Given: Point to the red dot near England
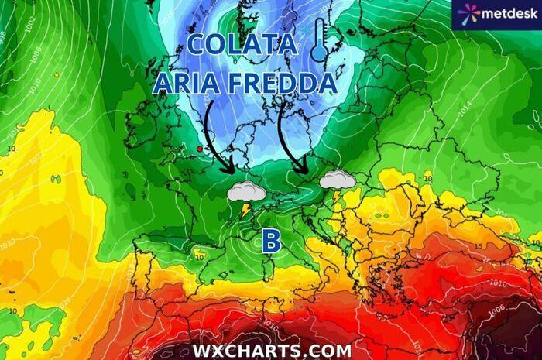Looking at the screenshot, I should click(199, 148).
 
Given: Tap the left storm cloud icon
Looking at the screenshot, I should click(247, 192).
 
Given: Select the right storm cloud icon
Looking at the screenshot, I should click(338, 180).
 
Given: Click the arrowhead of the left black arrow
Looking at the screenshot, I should click(230, 169).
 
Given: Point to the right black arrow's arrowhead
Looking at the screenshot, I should click(307, 172).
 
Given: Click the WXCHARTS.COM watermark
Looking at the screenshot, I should click(272, 351).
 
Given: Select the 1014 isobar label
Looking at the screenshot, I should click(465, 111).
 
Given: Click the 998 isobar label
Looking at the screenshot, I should click(3, 35).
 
